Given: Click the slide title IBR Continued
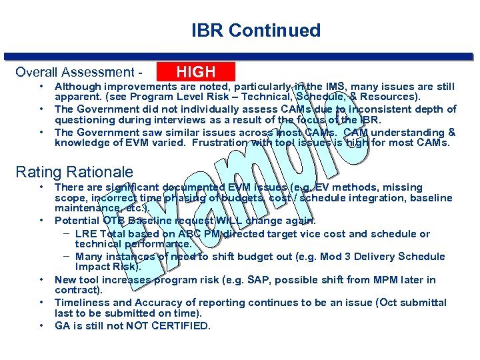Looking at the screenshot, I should coord(255,31).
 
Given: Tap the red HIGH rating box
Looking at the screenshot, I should coord(195,72).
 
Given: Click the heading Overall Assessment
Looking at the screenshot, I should coord(74,72).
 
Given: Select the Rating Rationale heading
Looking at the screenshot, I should coord(74,172).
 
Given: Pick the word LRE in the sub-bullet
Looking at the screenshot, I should coord(87,234).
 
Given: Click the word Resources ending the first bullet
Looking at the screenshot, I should coord(393,97).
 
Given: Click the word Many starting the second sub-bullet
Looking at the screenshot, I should coord(89,257).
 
